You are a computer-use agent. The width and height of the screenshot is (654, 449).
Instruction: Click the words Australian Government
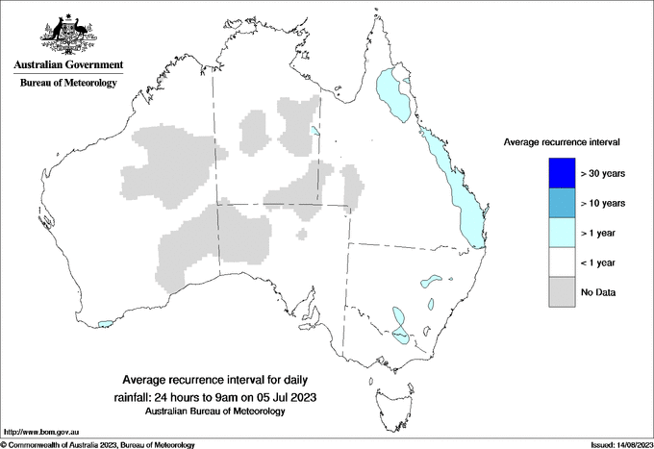(x=67, y=64)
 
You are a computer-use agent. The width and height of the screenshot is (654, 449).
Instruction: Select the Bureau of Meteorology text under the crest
(x=67, y=83)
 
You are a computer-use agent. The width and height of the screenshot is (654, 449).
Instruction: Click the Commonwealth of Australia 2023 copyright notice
(x=98, y=444)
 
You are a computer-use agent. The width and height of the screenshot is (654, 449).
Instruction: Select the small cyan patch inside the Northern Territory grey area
(x=315, y=131)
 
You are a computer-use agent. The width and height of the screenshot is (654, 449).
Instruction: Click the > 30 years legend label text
(x=604, y=173)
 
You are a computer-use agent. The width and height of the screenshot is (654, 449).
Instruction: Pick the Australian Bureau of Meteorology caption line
(x=215, y=411)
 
